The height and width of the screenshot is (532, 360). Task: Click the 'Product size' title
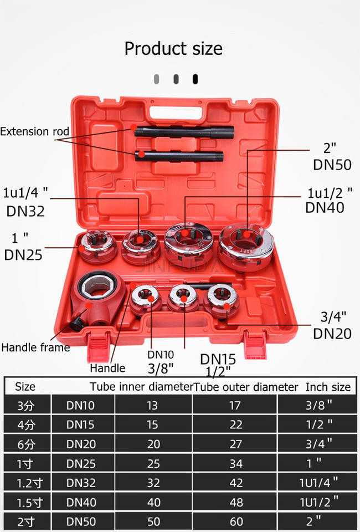click(x=173, y=49)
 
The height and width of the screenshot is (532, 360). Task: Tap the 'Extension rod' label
click(x=34, y=132)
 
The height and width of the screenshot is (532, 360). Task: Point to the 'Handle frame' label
click(x=35, y=348)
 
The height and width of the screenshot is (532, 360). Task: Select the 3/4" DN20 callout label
click(x=332, y=325)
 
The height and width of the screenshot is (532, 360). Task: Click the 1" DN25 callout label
click(x=23, y=247)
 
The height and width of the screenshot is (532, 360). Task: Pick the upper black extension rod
click(x=183, y=132)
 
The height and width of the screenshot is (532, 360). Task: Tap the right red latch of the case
click(x=255, y=347)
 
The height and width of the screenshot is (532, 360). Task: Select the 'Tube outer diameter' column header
click(x=246, y=387)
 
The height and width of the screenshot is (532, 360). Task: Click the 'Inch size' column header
click(x=328, y=387)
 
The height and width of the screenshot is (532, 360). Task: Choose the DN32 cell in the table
click(x=81, y=483)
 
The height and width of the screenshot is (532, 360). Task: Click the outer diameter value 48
click(x=235, y=502)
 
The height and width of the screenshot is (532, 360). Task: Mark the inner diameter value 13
click(x=153, y=405)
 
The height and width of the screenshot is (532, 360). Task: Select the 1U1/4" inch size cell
click(x=318, y=483)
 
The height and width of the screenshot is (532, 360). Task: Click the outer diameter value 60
click(x=235, y=521)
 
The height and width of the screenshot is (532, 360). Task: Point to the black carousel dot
click(x=195, y=79)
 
